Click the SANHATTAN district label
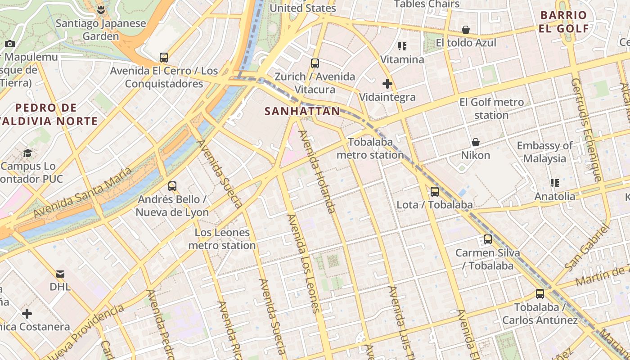[302, 111]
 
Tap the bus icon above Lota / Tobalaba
[435, 192]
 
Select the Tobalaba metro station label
[370, 148]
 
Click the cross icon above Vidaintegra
[387, 84]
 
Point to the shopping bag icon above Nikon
[475, 142]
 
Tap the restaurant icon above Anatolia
[554, 183]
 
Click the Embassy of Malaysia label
[544, 152]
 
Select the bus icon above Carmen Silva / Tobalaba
[488, 239]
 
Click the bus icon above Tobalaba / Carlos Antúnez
[540, 294]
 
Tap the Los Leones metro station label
[222, 239]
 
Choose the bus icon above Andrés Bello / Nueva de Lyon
[172, 186]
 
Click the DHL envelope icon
[60, 274]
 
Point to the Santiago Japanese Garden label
[101, 30]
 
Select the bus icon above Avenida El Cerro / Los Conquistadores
[164, 58]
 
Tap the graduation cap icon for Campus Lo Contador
[27, 153]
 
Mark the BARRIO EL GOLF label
[564, 22]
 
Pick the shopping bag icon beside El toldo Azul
[466, 30]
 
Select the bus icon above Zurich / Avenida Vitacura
[315, 63]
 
